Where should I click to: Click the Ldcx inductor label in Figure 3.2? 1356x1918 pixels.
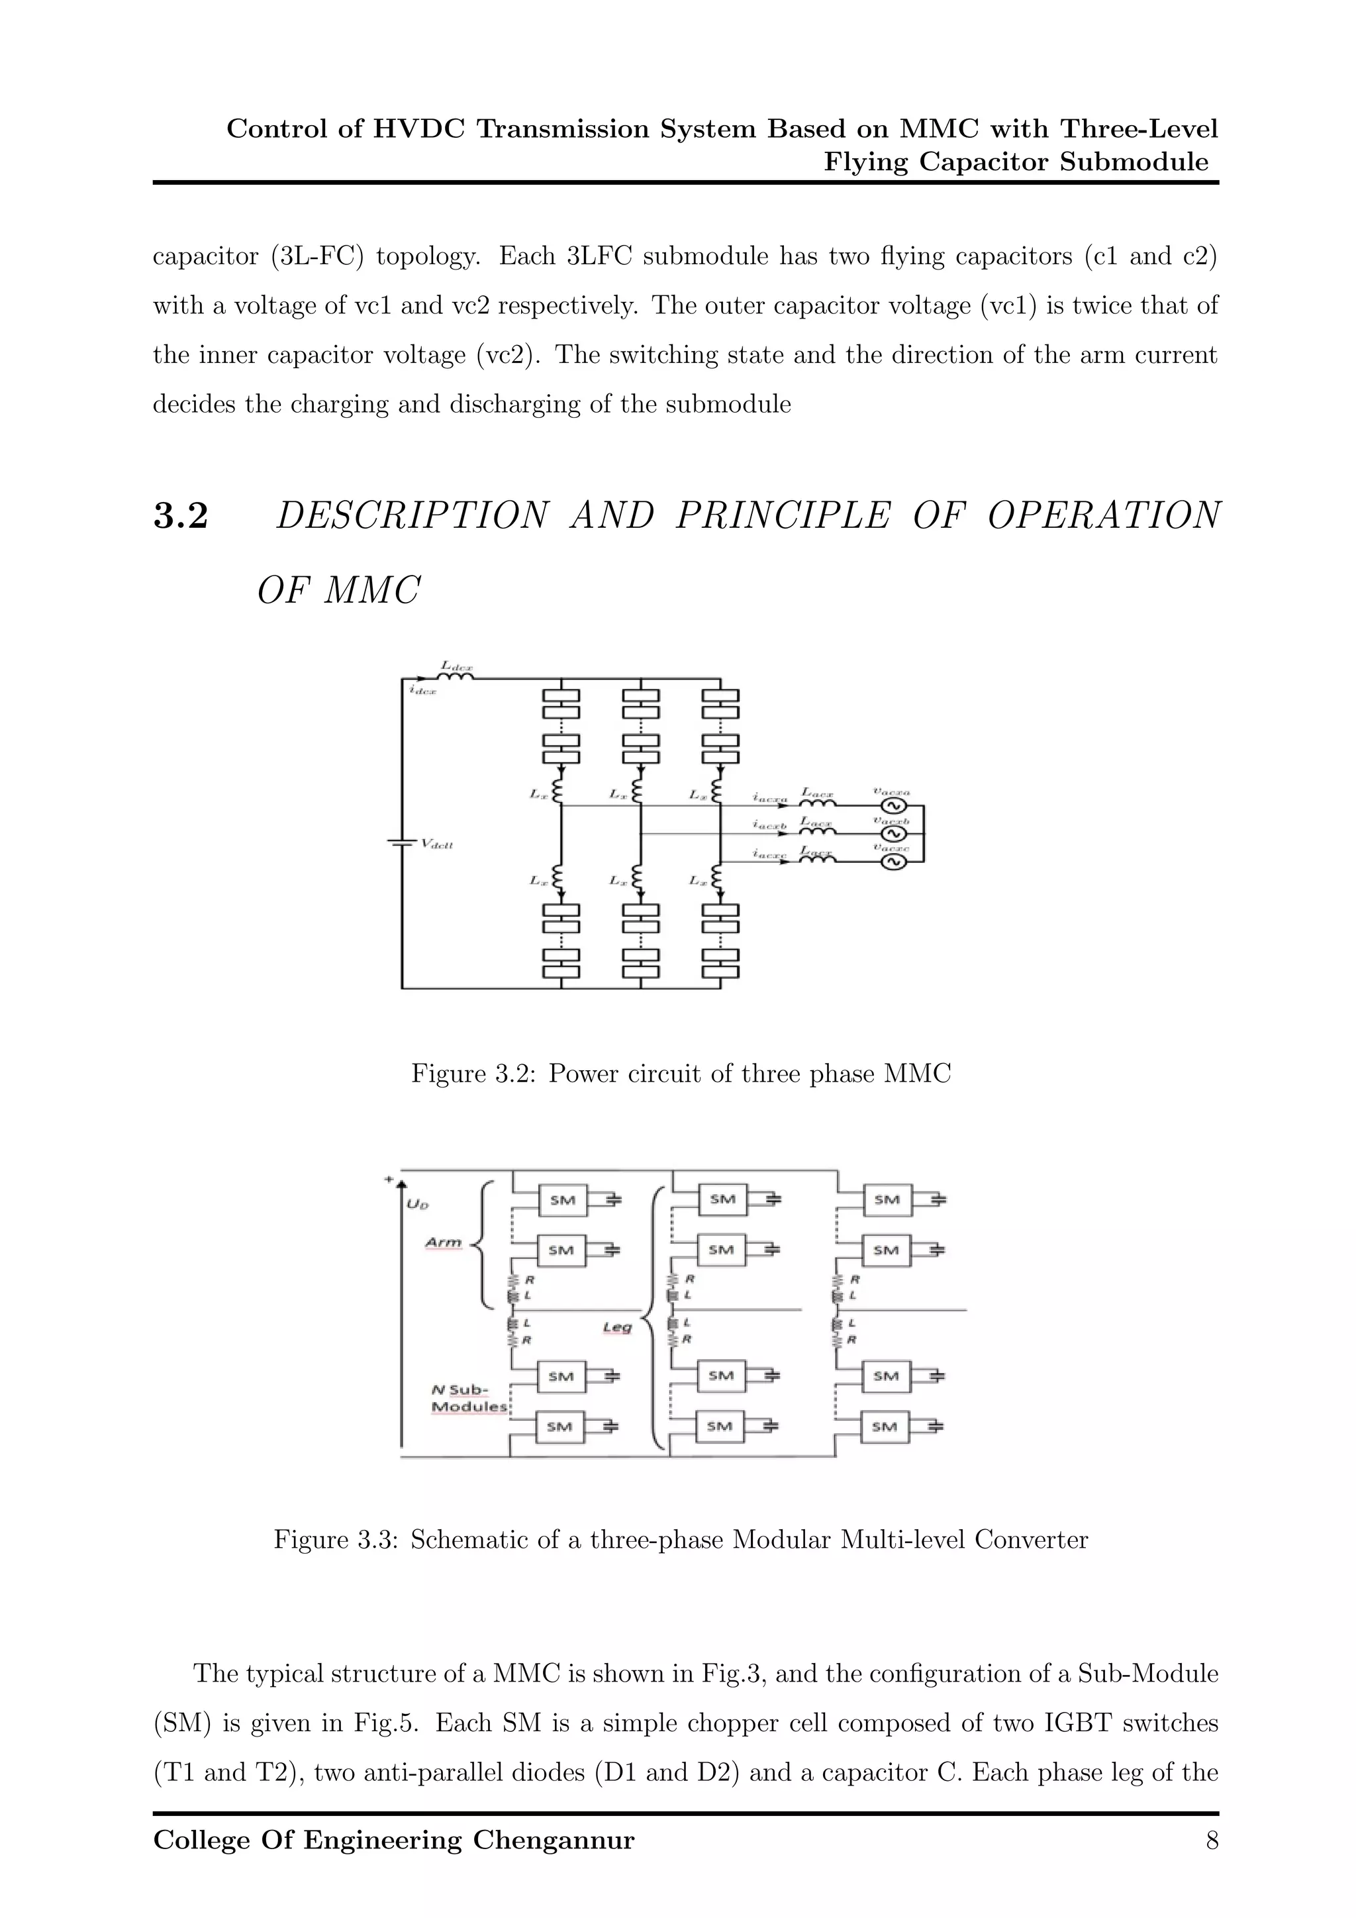pyautogui.click(x=457, y=666)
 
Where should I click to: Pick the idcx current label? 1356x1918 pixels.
pyautogui.click(x=422, y=690)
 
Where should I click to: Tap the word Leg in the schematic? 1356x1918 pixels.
pyautogui.click(x=617, y=1327)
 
